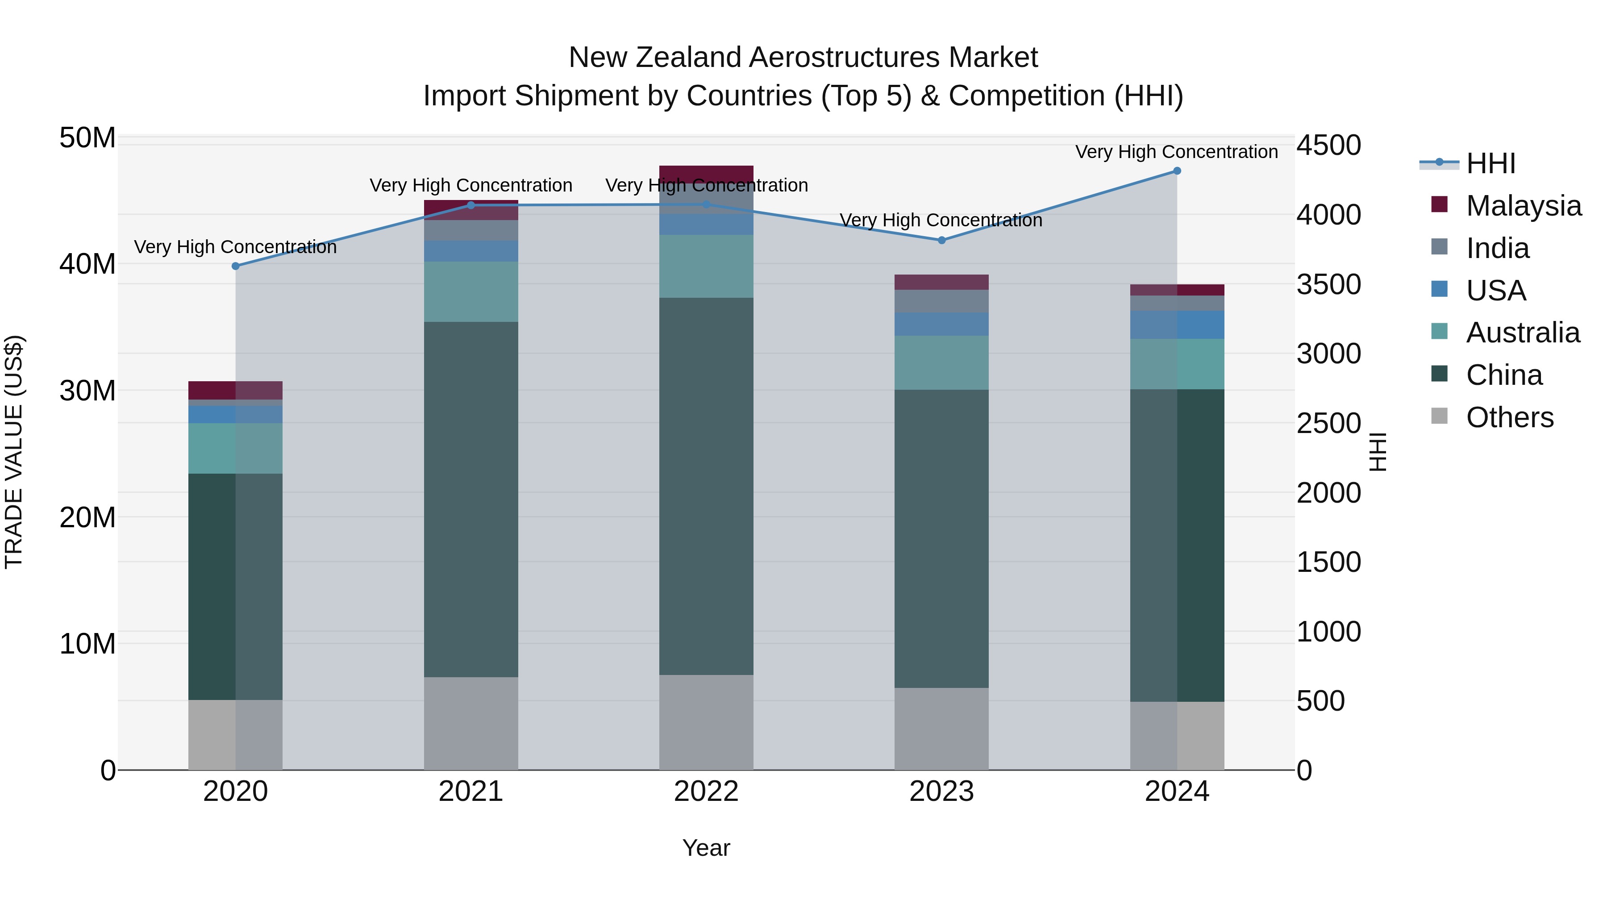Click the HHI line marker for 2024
coord(1177,171)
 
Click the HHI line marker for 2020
coord(236,267)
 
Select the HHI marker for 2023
coord(942,240)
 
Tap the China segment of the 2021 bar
coord(471,499)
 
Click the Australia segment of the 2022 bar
coord(706,267)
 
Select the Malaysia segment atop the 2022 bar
coord(706,174)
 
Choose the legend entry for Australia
coord(1522,333)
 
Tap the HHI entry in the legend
coord(1490,163)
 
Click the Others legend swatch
coord(1439,416)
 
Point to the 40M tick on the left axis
coord(87,264)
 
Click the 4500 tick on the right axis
coord(1329,146)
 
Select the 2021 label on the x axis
coord(471,792)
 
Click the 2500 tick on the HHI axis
coord(1329,424)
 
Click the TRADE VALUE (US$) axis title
coord(14,452)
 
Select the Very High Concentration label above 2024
coord(1177,152)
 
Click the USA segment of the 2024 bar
coord(1177,325)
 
